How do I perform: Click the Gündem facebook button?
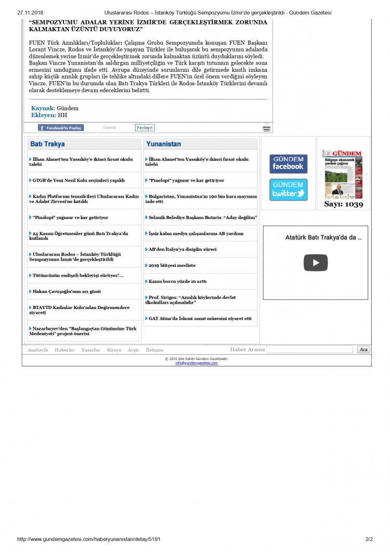click(x=288, y=164)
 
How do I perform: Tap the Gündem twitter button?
click(x=288, y=190)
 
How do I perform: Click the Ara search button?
click(x=363, y=350)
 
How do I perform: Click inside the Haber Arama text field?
click(x=310, y=350)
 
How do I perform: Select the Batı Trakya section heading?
click(x=48, y=144)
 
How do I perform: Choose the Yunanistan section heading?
click(x=164, y=144)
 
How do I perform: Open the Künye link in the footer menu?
click(x=114, y=350)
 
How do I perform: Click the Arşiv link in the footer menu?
click(x=134, y=350)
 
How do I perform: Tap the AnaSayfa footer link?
click(x=38, y=350)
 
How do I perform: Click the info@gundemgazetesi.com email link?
click(x=197, y=363)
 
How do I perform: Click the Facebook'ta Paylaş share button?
click(x=61, y=127)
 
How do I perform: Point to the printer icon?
click(x=266, y=128)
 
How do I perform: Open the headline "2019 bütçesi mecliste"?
click(x=172, y=265)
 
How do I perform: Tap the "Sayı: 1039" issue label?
click(x=343, y=204)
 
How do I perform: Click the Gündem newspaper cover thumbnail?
click(x=342, y=174)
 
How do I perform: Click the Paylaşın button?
click(x=145, y=127)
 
